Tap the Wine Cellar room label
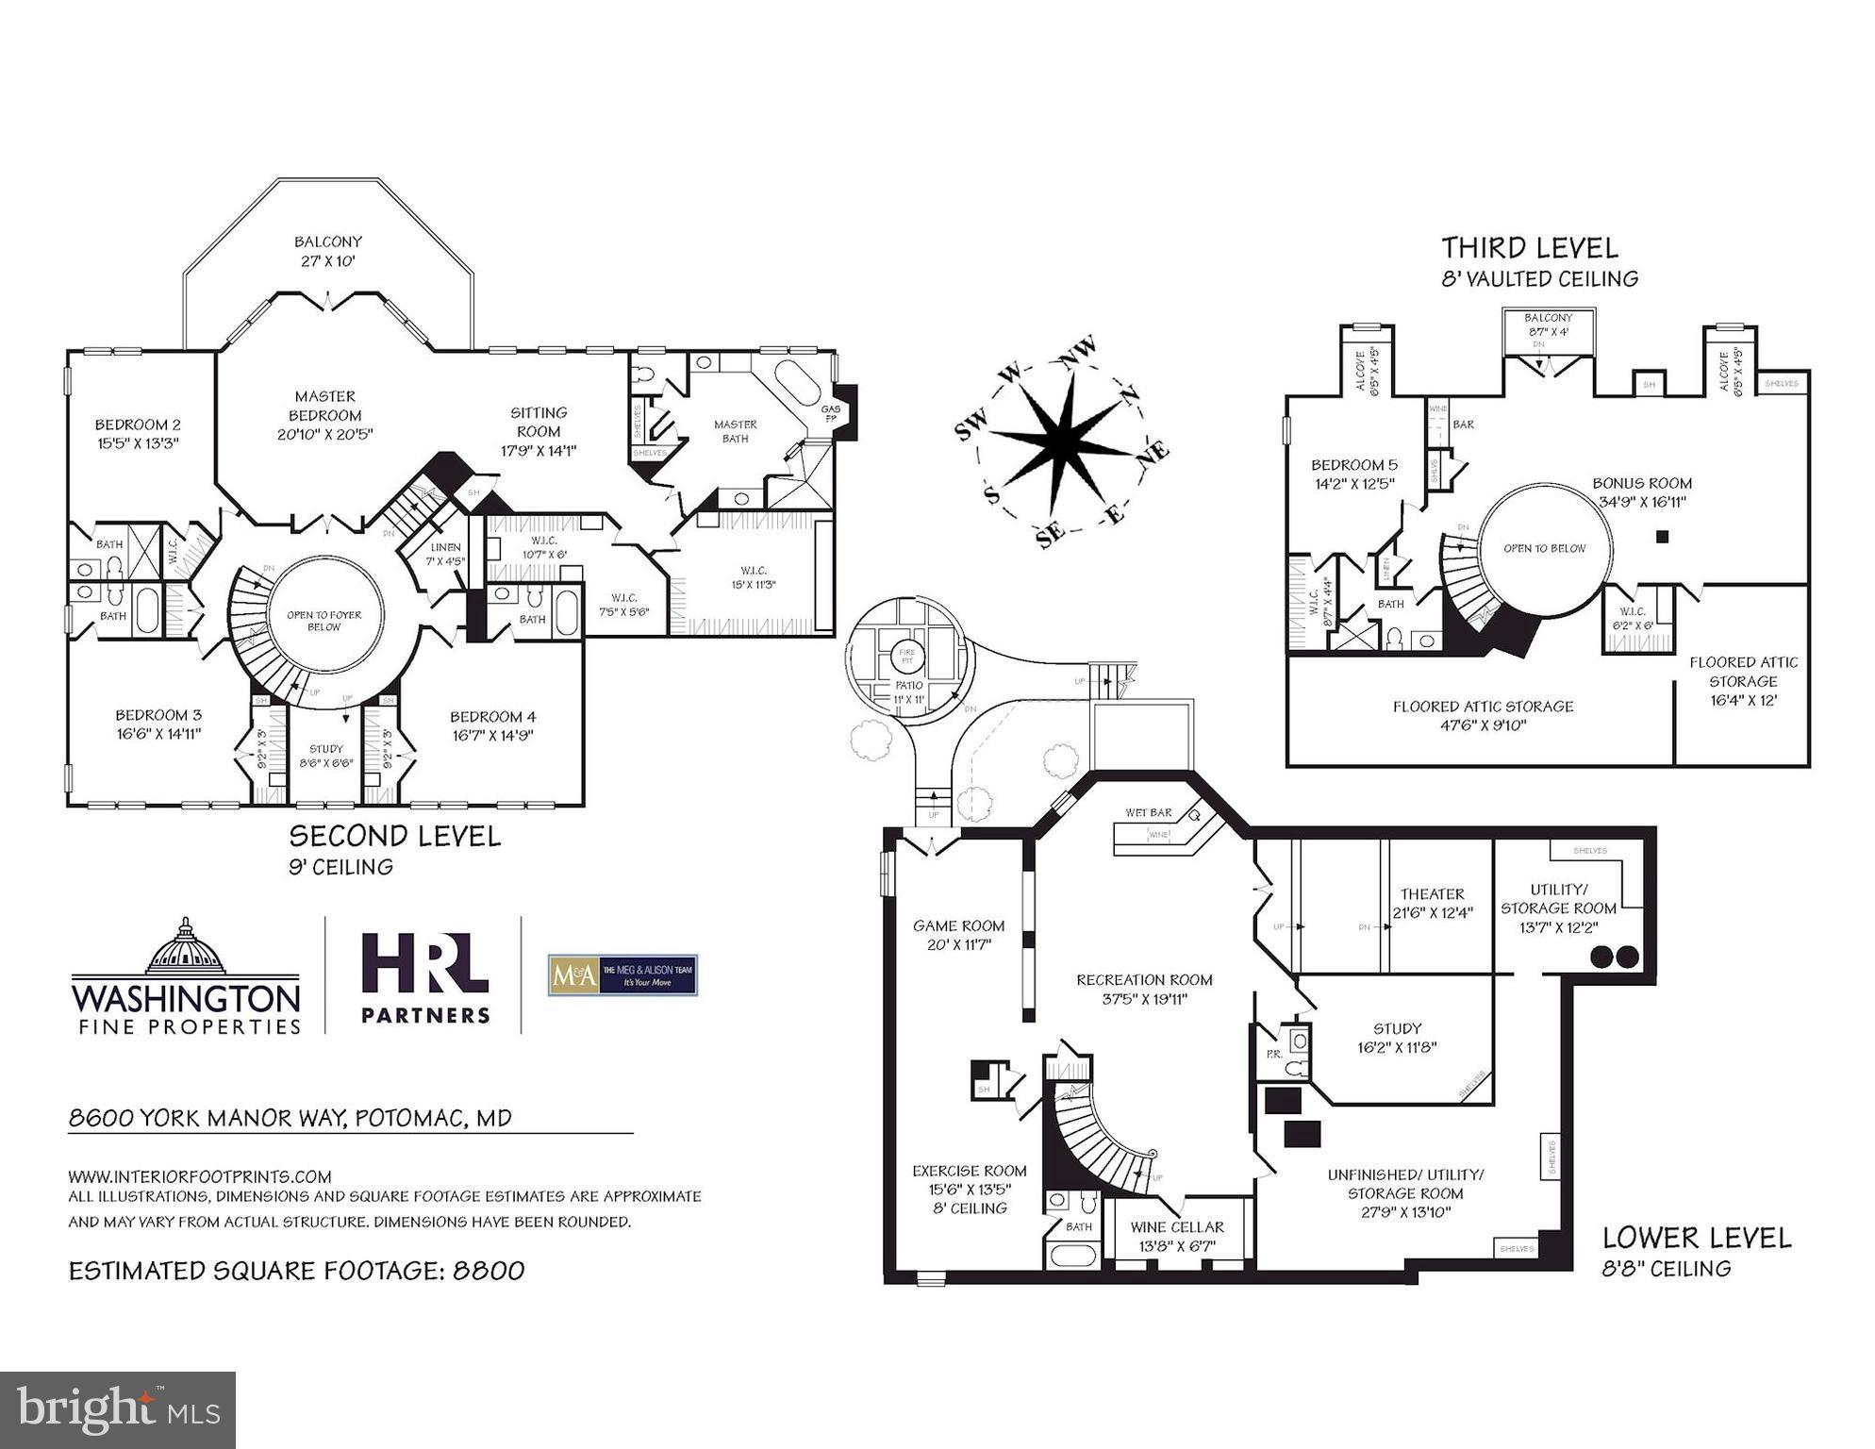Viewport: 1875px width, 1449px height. pyautogui.click(x=1177, y=1227)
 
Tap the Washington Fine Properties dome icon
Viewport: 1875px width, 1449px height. pyautogui.click(x=186, y=946)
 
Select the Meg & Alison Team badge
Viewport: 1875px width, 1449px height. pyautogui.click(x=622, y=975)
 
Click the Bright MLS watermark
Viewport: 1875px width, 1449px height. pyautogui.click(x=118, y=1409)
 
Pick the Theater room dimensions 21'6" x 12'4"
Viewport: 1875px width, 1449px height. pyautogui.click(x=1432, y=912)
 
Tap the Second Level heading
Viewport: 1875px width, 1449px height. pyautogui.click(x=394, y=836)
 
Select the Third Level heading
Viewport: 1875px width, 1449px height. pyautogui.click(x=1529, y=248)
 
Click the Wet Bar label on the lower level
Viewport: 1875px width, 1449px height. pyautogui.click(x=1148, y=812)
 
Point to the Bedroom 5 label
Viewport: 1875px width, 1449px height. pyautogui.click(x=1354, y=465)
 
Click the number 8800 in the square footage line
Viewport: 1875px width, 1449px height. pyautogui.click(x=489, y=1271)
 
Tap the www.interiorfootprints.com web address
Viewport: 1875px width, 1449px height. pyautogui.click(x=200, y=1176)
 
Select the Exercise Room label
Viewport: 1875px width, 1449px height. pyautogui.click(x=970, y=1171)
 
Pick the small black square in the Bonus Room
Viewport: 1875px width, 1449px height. pyautogui.click(x=1663, y=537)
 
